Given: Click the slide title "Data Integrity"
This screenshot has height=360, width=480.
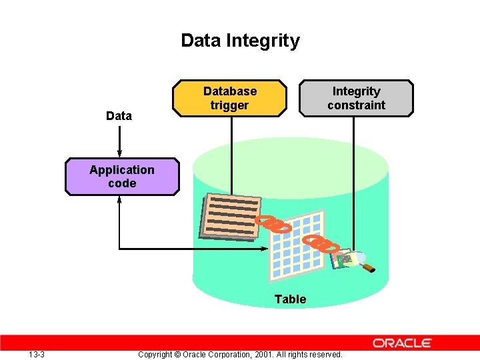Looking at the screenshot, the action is click(x=240, y=41).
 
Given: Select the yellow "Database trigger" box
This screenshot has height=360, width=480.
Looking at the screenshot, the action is click(x=229, y=98).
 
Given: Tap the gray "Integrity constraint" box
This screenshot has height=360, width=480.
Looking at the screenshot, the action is click(x=356, y=98).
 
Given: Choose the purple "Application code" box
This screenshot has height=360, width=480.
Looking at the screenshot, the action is click(x=122, y=177).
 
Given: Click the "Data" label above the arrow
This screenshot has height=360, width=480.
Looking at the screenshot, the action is click(x=119, y=116).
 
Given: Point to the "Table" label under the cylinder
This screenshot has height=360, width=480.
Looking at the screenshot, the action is click(x=291, y=299).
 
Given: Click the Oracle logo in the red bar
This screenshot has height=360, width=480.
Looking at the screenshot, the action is click(x=402, y=343).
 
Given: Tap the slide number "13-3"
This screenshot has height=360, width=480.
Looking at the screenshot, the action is click(x=37, y=354).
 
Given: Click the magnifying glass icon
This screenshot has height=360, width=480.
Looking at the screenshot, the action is click(x=360, y=259).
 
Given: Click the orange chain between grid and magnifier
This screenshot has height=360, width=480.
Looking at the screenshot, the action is click(x=320, y=243).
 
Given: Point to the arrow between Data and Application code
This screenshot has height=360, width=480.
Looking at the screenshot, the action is click(x=119, y=140).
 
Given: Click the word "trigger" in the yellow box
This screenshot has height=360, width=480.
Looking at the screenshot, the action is click(x=229, y=105).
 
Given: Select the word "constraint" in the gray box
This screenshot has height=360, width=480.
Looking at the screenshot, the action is click(x=356, y=105).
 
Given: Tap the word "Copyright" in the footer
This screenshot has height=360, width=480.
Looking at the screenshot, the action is click(x=159, y=354).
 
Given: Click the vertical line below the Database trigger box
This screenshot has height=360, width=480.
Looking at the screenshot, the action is click(x=231, y=153).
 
